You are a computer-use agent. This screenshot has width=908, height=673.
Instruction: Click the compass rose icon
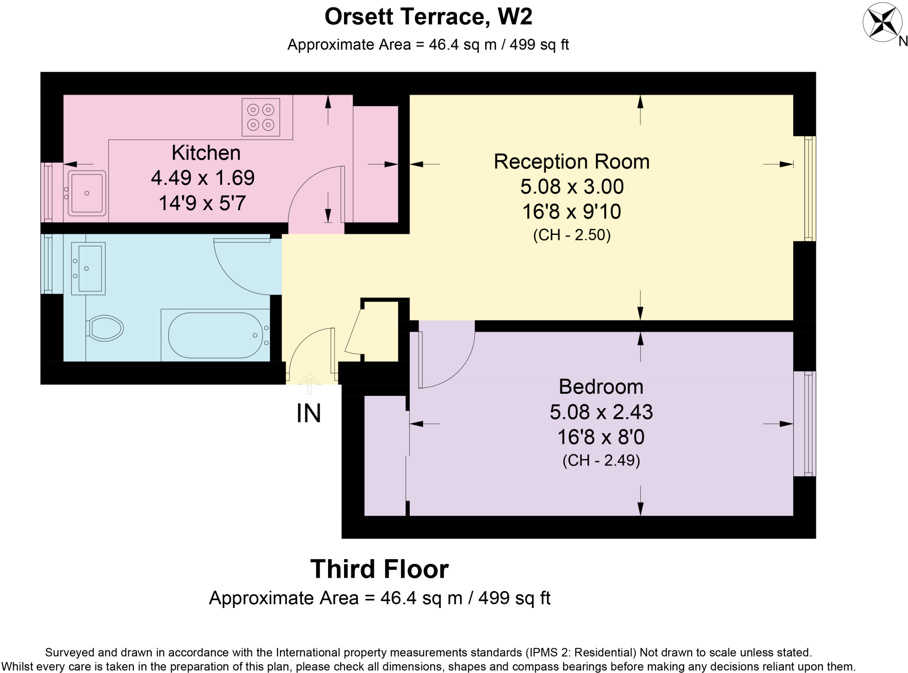pos(882,22)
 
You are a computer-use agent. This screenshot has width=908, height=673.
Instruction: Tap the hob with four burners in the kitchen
pos(261,117)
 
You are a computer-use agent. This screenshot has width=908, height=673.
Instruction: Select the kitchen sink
pos(86,194)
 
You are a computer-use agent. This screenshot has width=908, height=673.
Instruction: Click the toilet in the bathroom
pos(105,329)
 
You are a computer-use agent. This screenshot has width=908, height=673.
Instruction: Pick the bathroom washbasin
pos(88,269)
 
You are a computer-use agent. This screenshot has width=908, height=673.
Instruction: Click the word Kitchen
pos(206,153)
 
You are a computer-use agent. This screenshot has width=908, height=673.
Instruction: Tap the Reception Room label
pos(571,162)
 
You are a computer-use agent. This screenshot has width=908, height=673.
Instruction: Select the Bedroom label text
pos(601,387)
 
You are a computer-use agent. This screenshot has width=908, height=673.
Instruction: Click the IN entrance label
pos(309,413)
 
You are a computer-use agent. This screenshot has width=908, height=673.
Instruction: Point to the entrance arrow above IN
pos(309,384)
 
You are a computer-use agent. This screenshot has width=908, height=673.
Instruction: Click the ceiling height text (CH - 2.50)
pos(572,235)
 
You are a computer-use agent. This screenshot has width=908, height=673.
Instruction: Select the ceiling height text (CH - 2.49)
pos(601,460)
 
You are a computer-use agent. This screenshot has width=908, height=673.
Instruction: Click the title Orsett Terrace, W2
pos(428,17)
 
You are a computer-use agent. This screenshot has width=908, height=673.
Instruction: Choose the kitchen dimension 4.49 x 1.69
pos(203,178)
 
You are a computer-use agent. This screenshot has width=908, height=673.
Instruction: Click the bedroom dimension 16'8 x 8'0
pos(601,437)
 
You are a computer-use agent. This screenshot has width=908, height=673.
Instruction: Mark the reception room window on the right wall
pos(810,188)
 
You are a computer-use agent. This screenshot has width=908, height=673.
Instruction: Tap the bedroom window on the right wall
pos(810,423)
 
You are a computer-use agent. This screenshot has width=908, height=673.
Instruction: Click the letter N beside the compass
pos(903,41)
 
